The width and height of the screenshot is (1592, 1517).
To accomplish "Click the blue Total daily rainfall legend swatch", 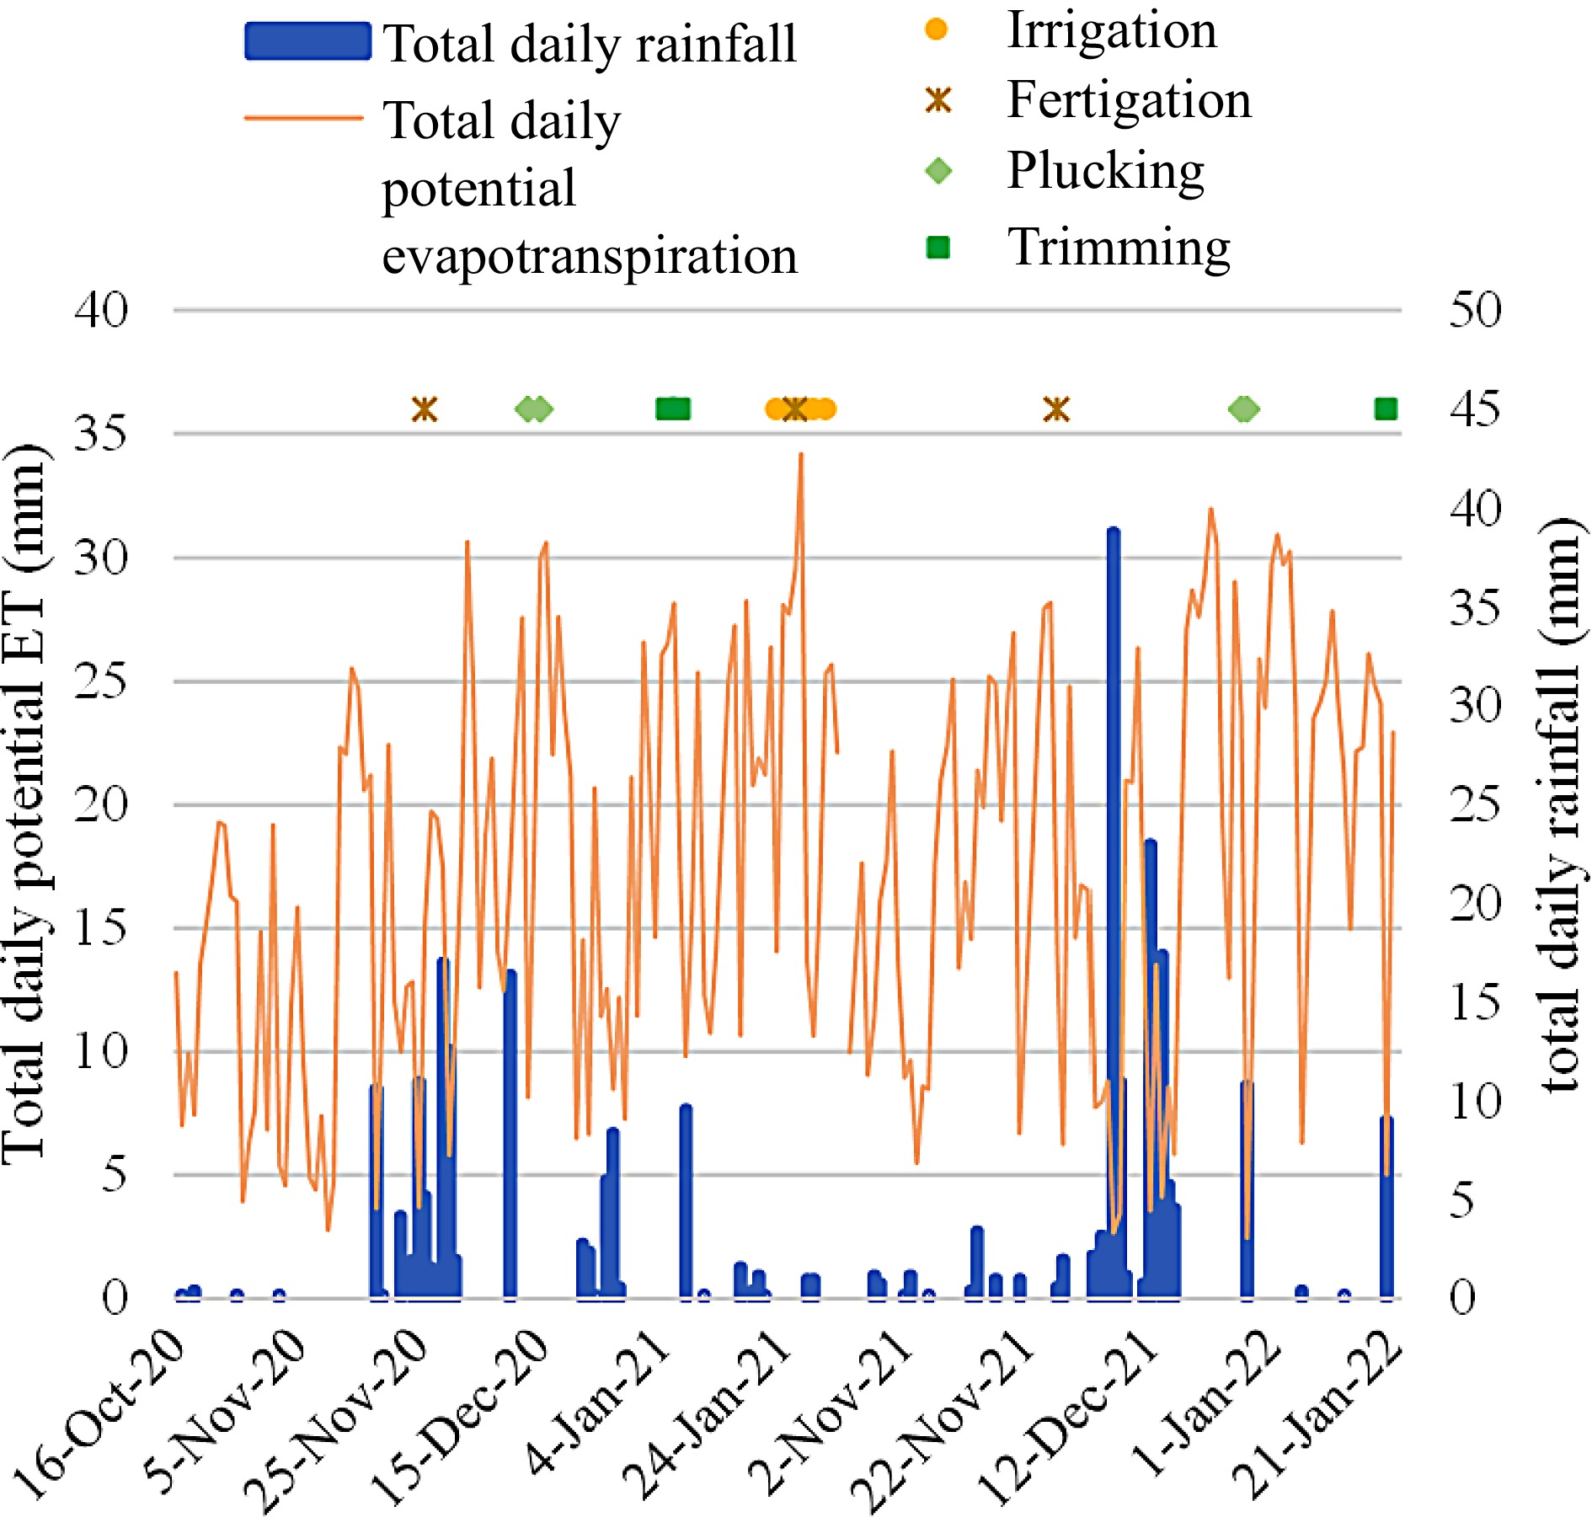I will (307, 42).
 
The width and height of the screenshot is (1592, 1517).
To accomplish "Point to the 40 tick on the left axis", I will (101, 310).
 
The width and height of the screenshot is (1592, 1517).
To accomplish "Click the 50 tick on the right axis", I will (1475, 310).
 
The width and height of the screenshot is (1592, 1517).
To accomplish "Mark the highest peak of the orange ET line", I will (801, 455).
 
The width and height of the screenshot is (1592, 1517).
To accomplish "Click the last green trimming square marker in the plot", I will (1386, 409).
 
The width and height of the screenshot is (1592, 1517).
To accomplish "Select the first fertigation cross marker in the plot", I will (425, 409).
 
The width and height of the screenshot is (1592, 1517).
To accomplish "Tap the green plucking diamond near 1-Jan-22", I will (1244, 409).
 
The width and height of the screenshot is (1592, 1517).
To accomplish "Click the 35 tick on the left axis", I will (101, 434).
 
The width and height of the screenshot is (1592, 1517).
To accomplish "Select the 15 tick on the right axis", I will (1475, 1002).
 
